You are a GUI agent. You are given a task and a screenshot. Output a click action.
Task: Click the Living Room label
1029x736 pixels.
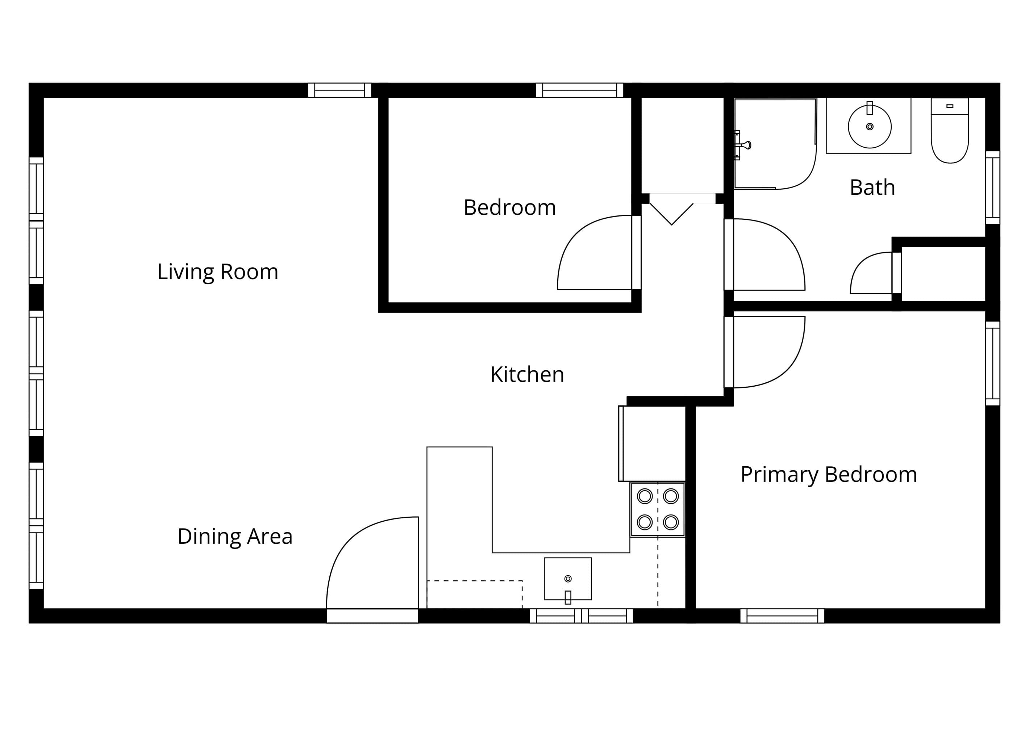218,272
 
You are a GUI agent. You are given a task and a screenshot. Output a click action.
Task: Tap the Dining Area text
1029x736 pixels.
235,537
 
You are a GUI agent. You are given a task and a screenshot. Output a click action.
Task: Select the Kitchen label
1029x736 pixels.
527,375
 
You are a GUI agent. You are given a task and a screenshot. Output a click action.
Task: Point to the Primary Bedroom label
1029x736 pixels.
829,475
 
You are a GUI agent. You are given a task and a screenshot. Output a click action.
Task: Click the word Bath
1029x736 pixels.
872,188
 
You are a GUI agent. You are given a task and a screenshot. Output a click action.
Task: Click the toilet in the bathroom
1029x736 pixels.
950,131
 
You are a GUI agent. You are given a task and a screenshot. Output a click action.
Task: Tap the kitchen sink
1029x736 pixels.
568,579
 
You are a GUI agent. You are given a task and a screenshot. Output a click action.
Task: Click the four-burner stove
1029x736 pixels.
657,510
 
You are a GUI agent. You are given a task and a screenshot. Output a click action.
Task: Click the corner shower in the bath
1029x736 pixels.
775,144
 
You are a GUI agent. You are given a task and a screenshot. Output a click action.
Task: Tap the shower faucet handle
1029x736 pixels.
744,145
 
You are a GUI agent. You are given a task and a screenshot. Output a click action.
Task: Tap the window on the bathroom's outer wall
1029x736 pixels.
993,187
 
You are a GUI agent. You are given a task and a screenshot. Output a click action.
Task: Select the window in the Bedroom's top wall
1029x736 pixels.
580,90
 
